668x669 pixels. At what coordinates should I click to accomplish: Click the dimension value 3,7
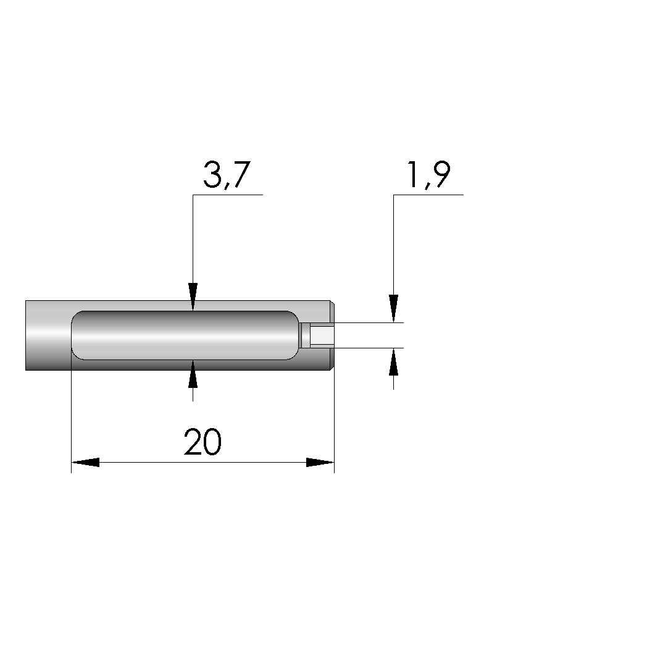pos(227,175)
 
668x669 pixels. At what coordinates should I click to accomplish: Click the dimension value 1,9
pos(428,175)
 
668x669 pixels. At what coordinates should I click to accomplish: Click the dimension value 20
pos(202,442)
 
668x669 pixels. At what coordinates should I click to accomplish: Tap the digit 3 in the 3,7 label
pos(212,174)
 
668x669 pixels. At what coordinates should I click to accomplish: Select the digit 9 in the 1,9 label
pos(441,174)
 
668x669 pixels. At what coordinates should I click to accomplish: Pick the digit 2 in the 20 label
pos(193,442)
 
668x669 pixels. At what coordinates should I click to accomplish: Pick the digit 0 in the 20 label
pos(212,442)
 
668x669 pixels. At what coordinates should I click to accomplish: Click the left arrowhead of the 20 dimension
pos(85,463)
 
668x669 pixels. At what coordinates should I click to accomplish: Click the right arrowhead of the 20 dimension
pos(320,463)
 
